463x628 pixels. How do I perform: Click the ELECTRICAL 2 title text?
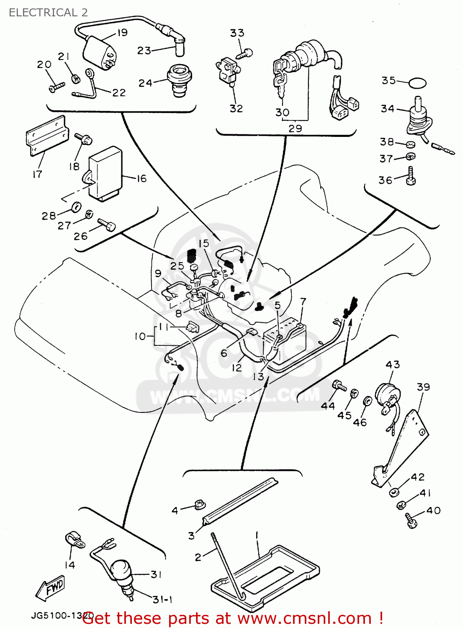[x=48, y=13]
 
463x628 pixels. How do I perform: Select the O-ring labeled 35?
[x=417, y=83]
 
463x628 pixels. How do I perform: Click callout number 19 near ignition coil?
[x=122, y=33]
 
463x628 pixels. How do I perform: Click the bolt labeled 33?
[x=245, y=54]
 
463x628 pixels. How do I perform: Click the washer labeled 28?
[x=76, y=207]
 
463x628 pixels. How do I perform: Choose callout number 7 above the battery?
[x=303, y=301]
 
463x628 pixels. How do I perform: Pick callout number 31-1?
[x=162, y=600]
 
